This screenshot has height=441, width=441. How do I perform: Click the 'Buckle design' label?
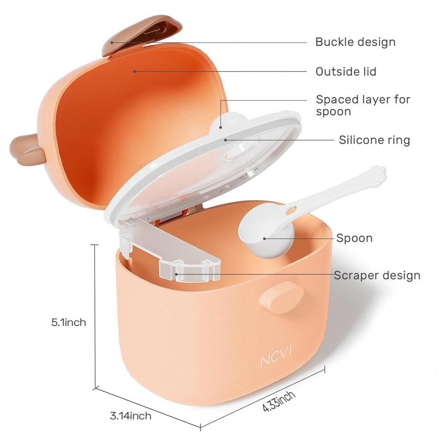[355, 42]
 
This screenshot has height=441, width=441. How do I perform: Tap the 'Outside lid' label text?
[346, 72]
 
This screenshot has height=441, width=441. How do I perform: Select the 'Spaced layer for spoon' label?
[363, 105]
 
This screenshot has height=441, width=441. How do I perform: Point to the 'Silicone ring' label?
[374, 140]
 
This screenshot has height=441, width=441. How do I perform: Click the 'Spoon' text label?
[355, 238]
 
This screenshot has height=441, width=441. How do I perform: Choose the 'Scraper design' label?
[377, 275]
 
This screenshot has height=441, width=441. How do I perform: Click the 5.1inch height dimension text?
[69, 322]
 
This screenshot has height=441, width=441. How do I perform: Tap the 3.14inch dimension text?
[131, 416]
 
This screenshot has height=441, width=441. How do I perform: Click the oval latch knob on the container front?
[281, 297]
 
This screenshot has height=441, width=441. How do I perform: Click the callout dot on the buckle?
[112, 42]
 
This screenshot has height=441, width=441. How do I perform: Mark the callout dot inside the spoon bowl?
[264, 239]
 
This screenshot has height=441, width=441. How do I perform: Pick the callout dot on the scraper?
[176, 274]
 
